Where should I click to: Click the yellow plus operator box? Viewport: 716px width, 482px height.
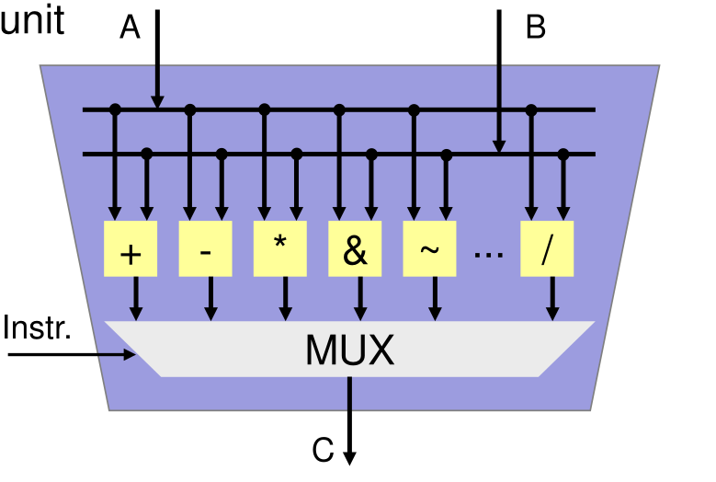click(131, 248)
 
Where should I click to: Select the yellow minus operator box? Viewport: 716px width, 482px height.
click(205, 248)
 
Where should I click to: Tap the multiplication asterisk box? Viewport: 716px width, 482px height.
click(280, 248)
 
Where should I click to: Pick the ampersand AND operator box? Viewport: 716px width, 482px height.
click(356, 248)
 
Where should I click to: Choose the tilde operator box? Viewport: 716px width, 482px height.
click(430, 248)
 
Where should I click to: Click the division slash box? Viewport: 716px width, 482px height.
click(547, 248)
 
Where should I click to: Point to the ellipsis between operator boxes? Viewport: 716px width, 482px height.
click(488, 251)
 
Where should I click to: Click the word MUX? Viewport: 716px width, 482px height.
click(349, 350)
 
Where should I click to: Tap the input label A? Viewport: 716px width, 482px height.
click(130, 29)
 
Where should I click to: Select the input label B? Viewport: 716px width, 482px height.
click(536, 28)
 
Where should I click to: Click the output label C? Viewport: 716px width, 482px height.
click(323, 451)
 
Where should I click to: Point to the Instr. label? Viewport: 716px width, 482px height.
click(38, 327)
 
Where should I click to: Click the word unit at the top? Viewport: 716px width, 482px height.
click(32, 20)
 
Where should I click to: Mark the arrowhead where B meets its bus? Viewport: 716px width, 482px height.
click(499, 145)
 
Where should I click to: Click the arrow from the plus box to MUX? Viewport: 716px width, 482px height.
click(137, 299)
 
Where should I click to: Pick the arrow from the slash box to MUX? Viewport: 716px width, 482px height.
click(552, 299)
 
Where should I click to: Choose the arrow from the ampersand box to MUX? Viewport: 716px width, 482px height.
click(360, 299)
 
